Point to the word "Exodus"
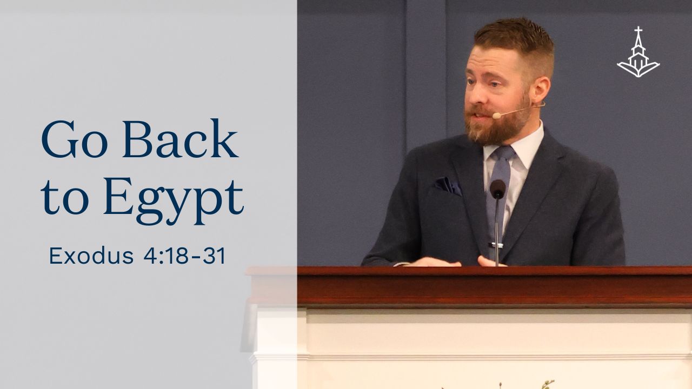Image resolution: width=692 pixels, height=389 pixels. click(91, 257)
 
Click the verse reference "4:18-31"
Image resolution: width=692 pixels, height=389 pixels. click(184, 257)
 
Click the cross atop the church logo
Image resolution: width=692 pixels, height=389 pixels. click(638, 31)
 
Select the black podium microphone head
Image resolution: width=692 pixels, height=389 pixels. click(497, 189)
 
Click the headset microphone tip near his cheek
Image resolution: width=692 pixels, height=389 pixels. click(495, 116)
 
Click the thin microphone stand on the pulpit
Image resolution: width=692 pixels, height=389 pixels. click(497, 232)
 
